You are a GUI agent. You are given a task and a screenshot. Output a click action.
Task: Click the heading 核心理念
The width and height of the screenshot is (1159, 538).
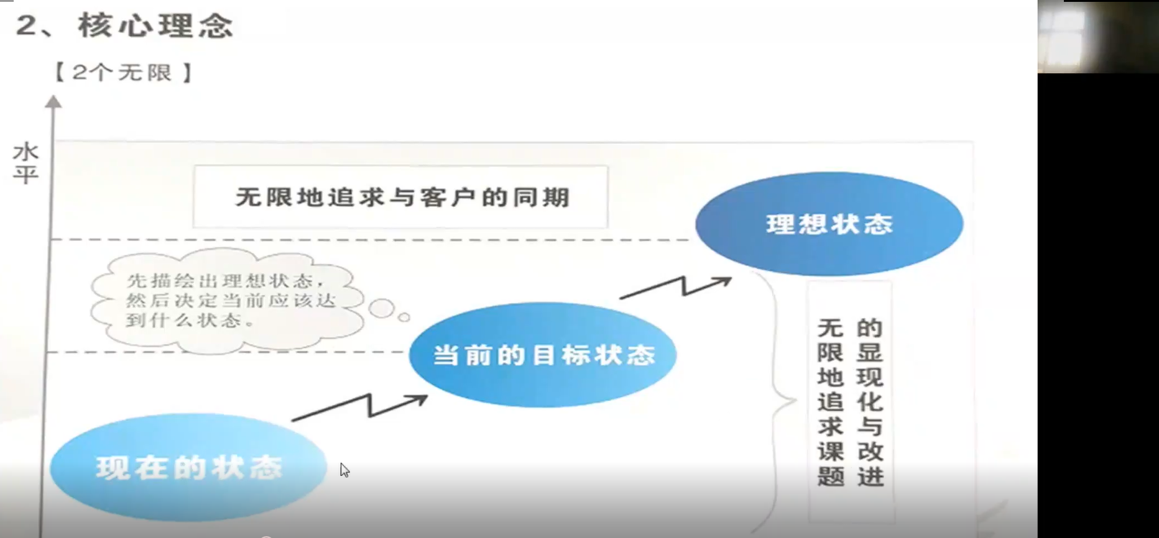tap(155, 26)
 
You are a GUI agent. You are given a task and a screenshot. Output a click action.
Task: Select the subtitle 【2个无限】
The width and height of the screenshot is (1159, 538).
tap(122, 73)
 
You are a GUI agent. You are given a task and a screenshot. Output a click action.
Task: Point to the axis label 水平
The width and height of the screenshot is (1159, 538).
tap(26, 163)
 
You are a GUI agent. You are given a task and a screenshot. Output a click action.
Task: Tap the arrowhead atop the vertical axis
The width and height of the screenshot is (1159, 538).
tap(54, 101)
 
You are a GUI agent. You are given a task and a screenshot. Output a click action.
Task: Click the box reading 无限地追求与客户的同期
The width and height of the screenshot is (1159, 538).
tap(400, 197)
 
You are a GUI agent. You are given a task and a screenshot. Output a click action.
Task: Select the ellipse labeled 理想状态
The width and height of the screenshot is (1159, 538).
tap(829, 224)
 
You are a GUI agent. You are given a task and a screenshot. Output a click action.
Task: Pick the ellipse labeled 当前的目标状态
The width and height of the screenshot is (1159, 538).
tap(543, 355)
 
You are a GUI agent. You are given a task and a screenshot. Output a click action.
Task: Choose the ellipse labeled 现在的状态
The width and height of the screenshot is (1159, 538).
tap(188, 467)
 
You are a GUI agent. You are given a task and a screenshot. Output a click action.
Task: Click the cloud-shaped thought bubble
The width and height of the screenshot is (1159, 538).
tap(228, 301)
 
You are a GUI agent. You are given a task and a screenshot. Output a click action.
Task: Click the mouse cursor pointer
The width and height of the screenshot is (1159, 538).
tap(344, 470)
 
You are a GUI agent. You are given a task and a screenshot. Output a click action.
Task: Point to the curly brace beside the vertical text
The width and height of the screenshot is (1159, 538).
tap(776, 401)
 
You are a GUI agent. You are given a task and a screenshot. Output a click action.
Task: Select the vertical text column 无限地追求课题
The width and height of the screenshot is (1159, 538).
tap(831, 402)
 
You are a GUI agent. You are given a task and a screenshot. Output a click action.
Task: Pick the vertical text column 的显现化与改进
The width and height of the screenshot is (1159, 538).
tap(870, 402)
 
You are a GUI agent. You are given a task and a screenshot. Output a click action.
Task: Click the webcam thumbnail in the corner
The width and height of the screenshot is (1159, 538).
tap(1098, 37)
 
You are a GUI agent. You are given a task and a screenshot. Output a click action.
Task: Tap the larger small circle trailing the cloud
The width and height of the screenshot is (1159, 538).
tap(381, 309)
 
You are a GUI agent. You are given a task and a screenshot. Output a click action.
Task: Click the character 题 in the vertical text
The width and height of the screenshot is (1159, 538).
tap(831, 476)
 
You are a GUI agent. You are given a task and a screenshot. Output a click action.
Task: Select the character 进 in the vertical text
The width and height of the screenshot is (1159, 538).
tap(870, 476)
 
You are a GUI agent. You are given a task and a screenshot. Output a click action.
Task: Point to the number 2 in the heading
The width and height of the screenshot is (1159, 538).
tap(26, 26)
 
